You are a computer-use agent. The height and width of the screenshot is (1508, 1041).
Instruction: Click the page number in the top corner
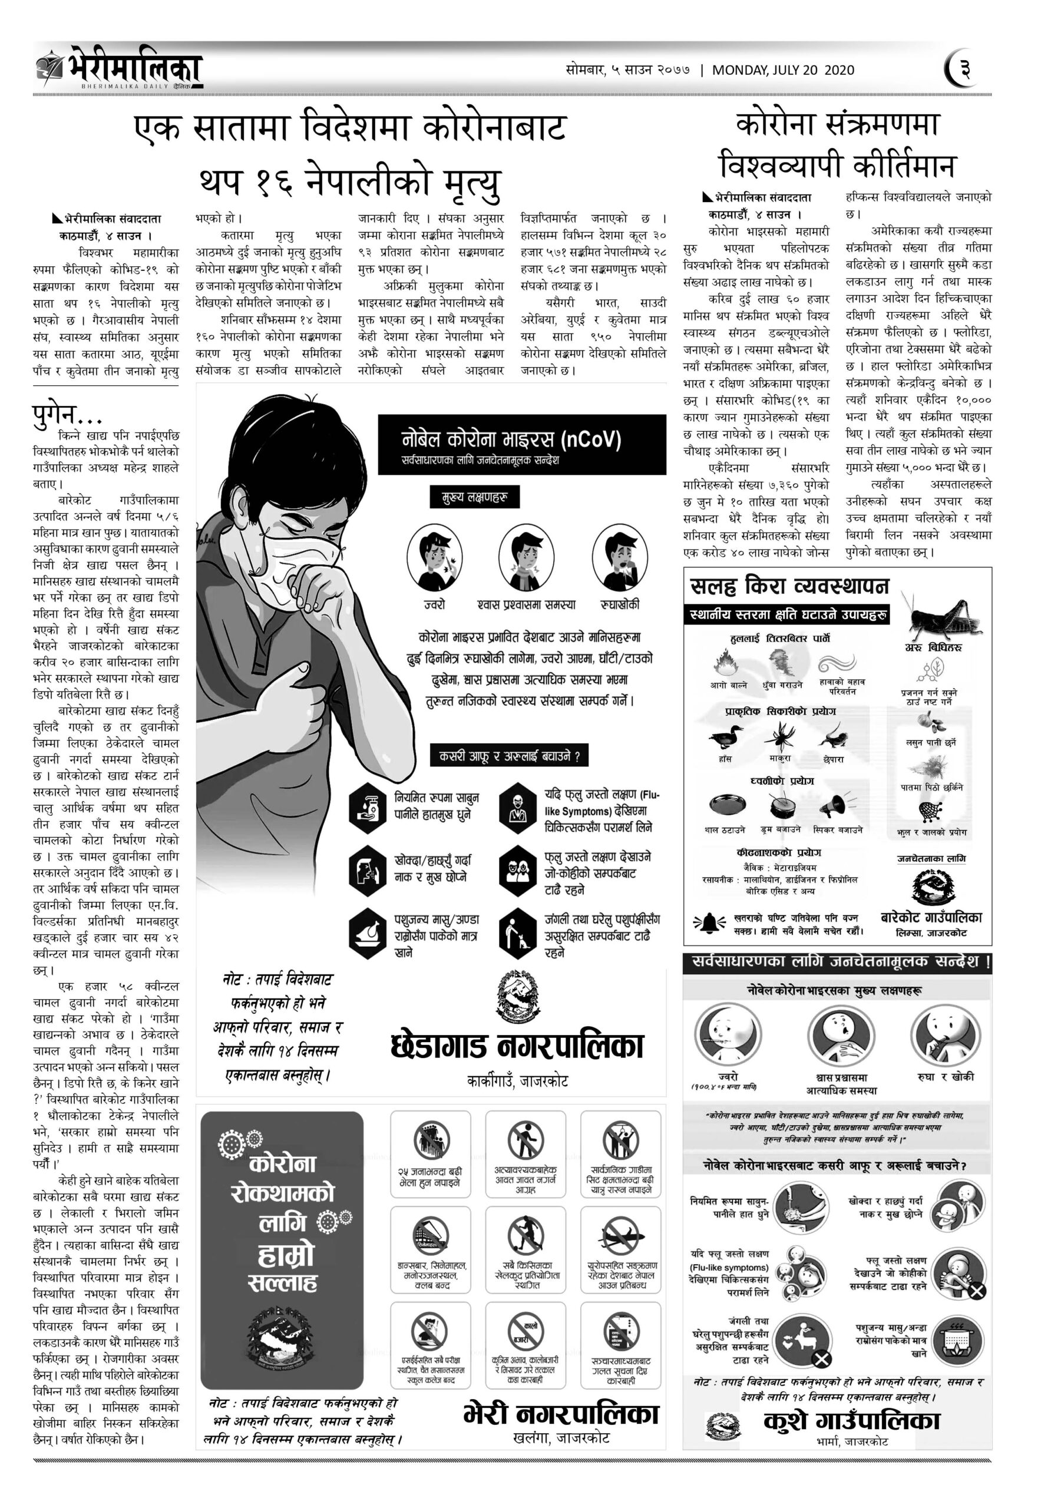(964, 69)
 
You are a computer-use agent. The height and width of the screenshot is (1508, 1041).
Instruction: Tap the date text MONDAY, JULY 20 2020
(783, 71)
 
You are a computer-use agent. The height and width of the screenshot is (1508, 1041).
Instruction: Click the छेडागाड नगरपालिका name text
(517, 1046)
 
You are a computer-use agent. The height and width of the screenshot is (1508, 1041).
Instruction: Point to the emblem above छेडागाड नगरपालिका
(518, 996)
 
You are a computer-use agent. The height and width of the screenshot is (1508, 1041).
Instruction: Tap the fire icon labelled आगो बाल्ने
(725, 665)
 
